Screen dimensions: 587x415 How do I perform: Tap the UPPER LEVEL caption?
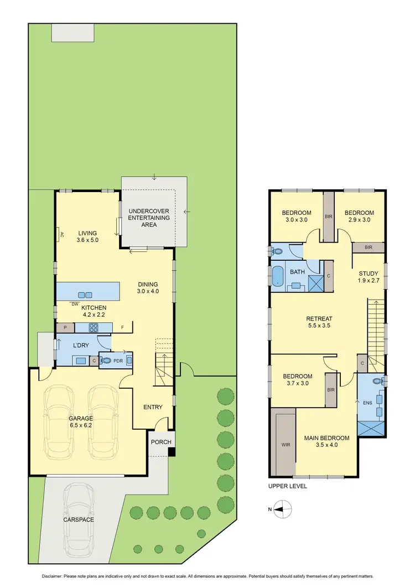click(x=287, y=486)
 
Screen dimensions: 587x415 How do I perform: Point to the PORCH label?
click(x=161, y=442)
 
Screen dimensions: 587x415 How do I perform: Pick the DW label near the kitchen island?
click(x=74, y=303)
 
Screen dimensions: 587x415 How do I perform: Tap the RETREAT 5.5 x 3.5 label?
click(x=319, y=322)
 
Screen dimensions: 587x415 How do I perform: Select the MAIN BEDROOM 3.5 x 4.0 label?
click(x=326, y=442)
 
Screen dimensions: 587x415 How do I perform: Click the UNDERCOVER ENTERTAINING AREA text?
click(x=148, y=218)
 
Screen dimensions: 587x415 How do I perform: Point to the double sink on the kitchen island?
click(x=85, y=295)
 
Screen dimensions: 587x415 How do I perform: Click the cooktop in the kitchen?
click(x=93, y=327)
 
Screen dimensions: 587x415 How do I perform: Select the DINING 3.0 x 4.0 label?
click(x=148, y=288)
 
